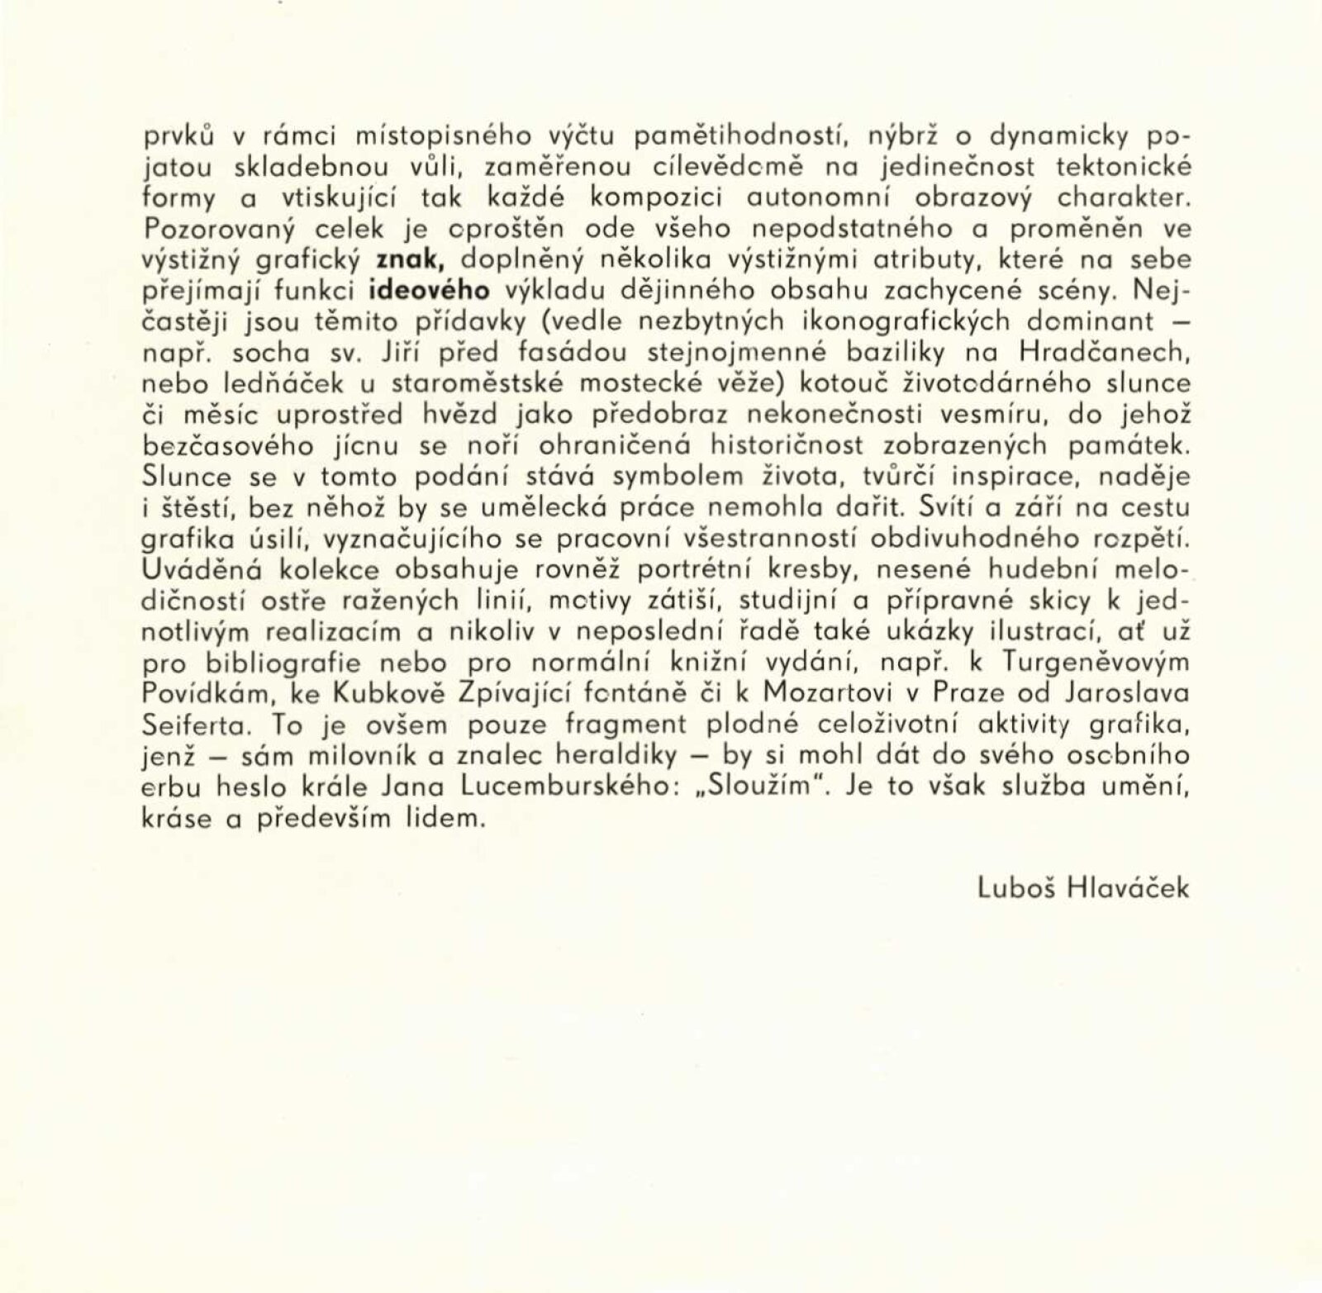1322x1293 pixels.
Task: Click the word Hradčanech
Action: coord(1105,353)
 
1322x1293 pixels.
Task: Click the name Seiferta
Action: coord(193,725)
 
